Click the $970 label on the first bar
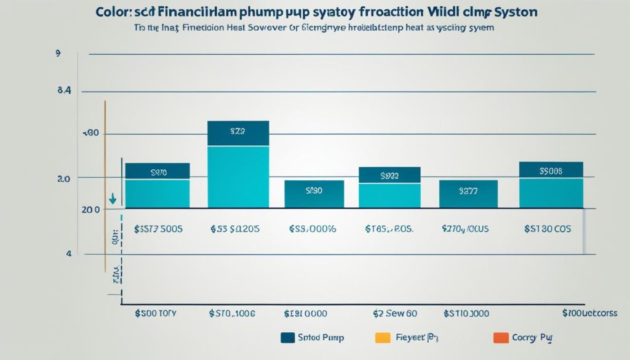[157, 174]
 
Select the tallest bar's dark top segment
[238, 132]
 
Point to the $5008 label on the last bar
[551, 171]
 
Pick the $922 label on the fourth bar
[389, 176]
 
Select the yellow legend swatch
[382, 337]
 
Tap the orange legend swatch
[501, 337]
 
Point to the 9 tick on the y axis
[58, 54]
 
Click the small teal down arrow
[113, 200]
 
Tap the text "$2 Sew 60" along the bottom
[395, 313]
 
